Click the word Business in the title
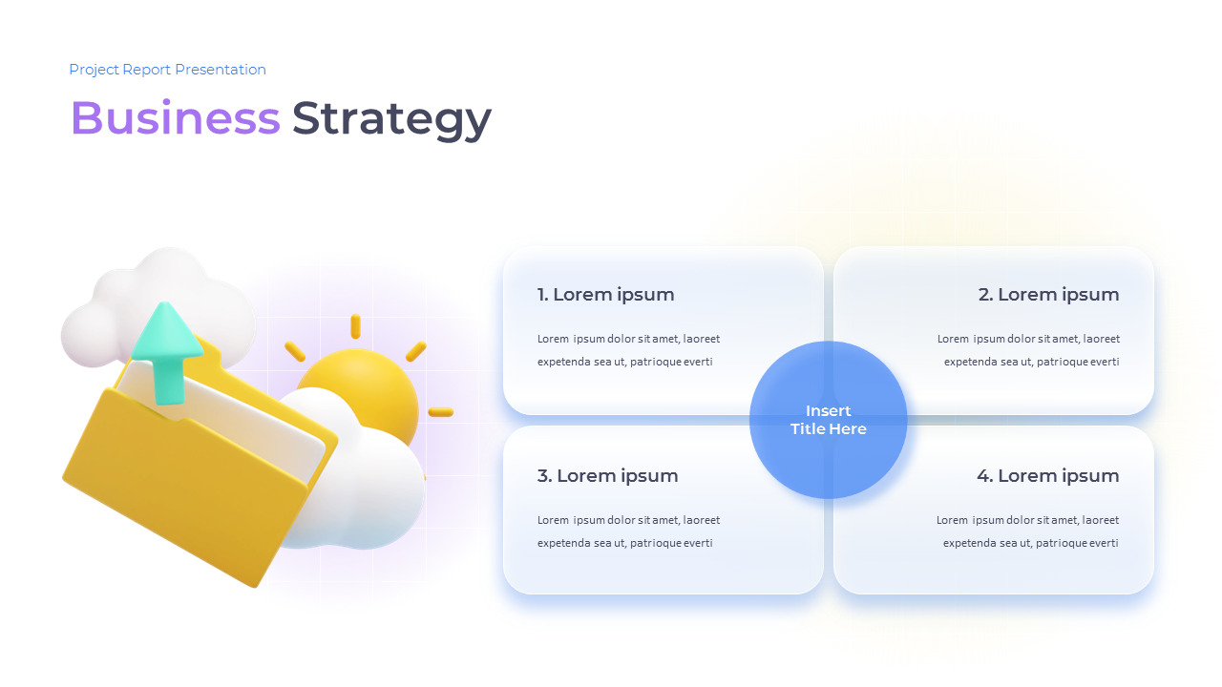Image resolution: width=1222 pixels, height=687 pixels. [x=175, y=117]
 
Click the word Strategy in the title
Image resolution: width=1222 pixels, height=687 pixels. [x=391, y=120]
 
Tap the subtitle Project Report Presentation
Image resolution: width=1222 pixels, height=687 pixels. [x=167, y=70]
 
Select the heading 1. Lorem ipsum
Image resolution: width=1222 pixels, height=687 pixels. [x=605, y=295]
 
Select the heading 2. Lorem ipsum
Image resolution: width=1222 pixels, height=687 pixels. [x=1048, y=295]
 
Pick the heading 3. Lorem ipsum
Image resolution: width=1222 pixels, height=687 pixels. [x=607, y=476]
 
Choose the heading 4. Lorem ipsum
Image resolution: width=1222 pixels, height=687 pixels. [x=1048, y=476]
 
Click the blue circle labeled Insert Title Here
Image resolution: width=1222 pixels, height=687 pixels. [x=828, y=420]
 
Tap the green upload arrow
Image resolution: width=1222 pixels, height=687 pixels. [x=167, y=353]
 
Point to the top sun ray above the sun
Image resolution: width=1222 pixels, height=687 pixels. [x=356, y=326]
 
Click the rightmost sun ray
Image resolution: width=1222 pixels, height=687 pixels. [x=441, y=412]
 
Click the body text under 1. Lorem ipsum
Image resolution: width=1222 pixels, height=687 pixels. [x=628, y=350]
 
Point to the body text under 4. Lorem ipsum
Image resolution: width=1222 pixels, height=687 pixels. [x=1028, y=531]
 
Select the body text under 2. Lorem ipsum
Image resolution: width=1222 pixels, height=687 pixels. [x=1028, y=350]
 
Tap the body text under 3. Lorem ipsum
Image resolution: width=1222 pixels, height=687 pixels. [x=628, y=531]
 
